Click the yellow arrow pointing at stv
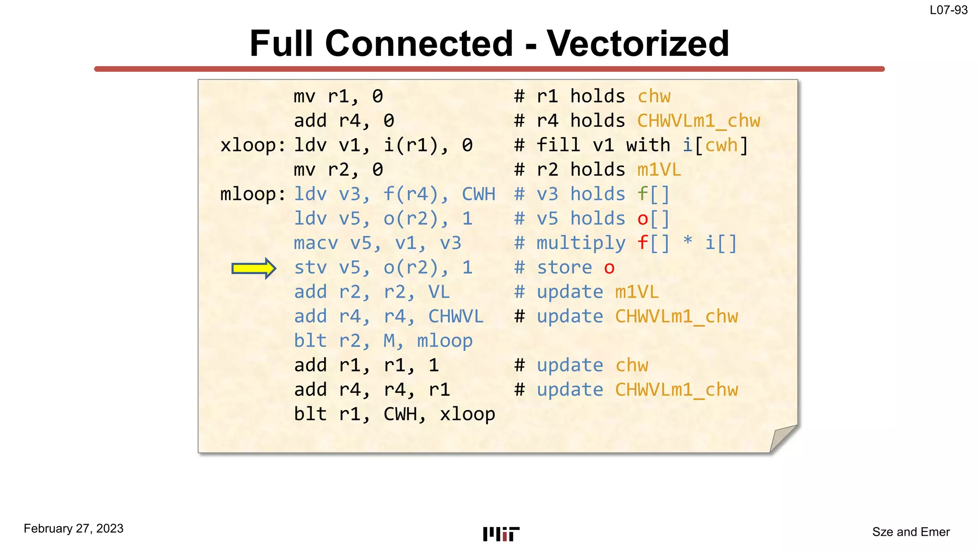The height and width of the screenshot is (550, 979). (x=253, y=268)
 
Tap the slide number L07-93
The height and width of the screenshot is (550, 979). (x=948, y=10)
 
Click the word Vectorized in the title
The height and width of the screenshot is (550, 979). (x=638, y=43)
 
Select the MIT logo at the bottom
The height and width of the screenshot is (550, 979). (x=501, y=534)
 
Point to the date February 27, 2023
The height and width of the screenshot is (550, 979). (x=74, y=529)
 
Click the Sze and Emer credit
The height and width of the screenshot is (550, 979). (x=911, y=532)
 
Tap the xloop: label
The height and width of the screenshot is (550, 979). (x=252, y=146)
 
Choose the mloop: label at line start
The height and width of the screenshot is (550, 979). (x=252, y=194)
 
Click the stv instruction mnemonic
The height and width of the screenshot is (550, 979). (x=311, y=268)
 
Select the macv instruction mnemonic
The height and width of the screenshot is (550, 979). (x=316, y=243)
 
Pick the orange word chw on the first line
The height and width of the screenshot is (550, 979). (x=654, y=97)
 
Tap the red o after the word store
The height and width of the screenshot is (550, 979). (x=609, y=268)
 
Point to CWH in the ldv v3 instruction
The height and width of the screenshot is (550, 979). (x=478, y=194)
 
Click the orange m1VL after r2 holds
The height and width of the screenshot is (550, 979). (x=659, y=170)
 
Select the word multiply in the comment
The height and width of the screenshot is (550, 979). (x=581, y=243)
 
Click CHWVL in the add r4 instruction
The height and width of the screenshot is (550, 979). (x=456, y=317)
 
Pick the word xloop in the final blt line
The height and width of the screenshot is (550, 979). (x=467, y=414)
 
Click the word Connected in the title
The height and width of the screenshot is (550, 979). (x=419, y=43)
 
